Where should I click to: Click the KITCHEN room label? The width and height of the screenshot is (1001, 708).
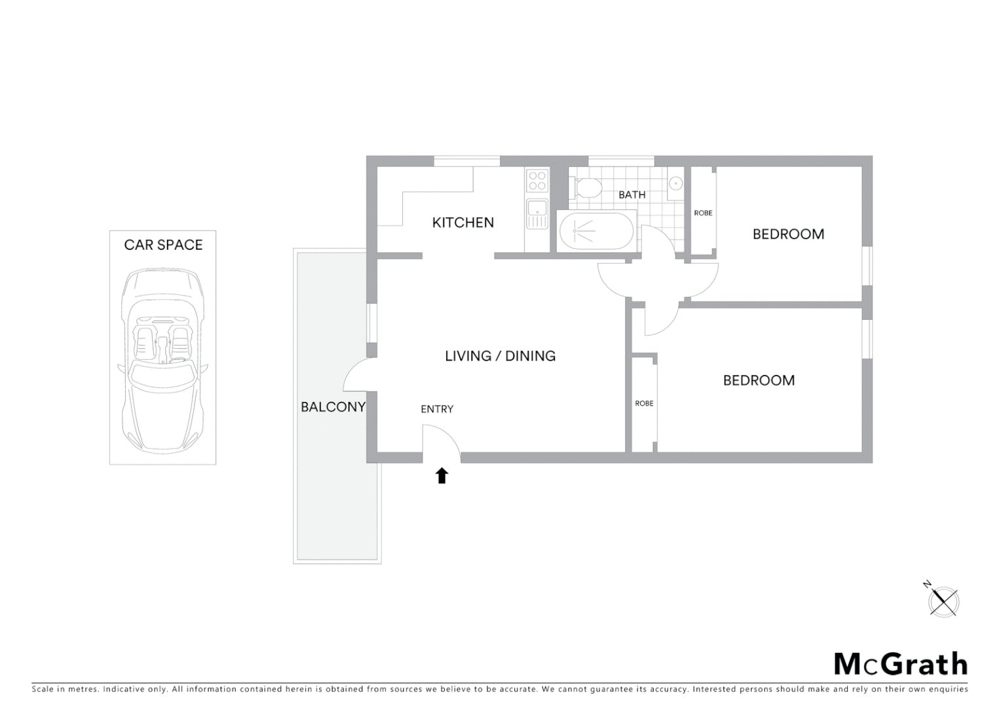point(463,223)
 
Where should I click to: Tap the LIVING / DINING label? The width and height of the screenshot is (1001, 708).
point(500,356)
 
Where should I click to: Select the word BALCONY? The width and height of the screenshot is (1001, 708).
point(333,407)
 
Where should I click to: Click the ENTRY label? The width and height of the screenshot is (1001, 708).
point(437,409)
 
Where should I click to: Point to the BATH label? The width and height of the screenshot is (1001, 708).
point(632,195)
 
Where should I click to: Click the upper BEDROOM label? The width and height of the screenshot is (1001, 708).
point(788,234)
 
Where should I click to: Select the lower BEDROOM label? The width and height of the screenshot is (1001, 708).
point(759,380)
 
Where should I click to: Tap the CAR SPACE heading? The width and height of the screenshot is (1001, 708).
point(163,245)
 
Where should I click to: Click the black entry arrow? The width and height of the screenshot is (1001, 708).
point(442,475)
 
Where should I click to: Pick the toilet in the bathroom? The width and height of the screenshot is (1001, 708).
point(586,187)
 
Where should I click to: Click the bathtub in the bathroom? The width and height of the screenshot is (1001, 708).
point(595,231)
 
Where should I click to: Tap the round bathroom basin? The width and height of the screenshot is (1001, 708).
point(676,183)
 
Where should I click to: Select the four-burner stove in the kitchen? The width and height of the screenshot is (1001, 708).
point(537,180)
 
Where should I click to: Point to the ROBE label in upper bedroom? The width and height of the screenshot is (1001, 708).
point(703,213)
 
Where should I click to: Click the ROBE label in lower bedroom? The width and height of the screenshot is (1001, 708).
point(644,404)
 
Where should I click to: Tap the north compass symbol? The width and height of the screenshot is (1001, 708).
point(943,600)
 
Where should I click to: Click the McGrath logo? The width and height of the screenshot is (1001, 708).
point(900,664)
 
